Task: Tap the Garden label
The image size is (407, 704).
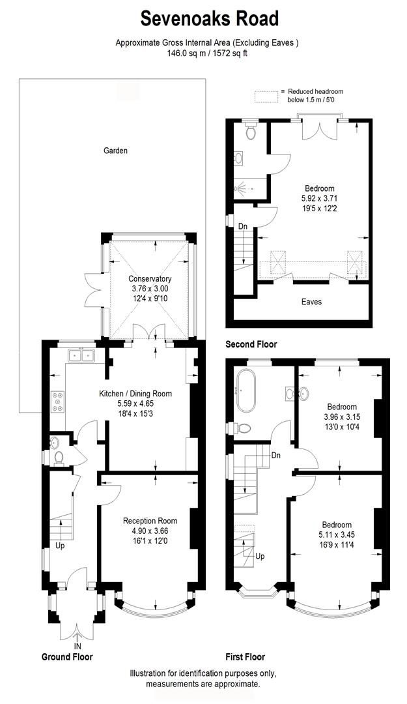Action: pyautogui.click(x=115, y=151)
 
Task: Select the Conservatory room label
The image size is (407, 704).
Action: pyautogui.click(x=150, y=279)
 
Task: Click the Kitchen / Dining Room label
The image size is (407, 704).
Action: pyautogui.click(x=135, y=394)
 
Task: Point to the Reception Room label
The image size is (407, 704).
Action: pyautogui.click(x=150, y=521)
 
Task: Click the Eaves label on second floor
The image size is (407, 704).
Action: pyautogui.click(x=311, y=302)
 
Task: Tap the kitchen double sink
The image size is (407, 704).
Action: pyautogui.click(x=82, y=355)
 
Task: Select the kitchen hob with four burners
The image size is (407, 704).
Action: pyautogui.click(x=57, y=402)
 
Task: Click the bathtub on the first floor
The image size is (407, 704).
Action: pyautogui.click(x=248, y=390)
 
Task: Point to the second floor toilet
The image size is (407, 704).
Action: pyautogui.click(x=250, y=132)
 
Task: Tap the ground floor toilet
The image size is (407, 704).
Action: pyautogui.click(x=58, y=457)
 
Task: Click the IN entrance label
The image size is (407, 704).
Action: pyautogui.click(x=77, y=646)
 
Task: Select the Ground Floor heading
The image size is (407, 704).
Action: pyautogui.click(x=67, y=657)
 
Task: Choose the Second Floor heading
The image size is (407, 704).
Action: pyautogui.click(x=251, y=344)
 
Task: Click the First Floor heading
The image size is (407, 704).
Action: pyautogui.click(x=245, y=657)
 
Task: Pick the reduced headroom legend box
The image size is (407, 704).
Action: pyautogui.click(x=265, y=96)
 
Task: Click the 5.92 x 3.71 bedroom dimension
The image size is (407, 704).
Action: pyautogui.click(x=319, y=198)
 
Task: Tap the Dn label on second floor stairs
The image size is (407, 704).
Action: pyautogui.click(x=242, y=226)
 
